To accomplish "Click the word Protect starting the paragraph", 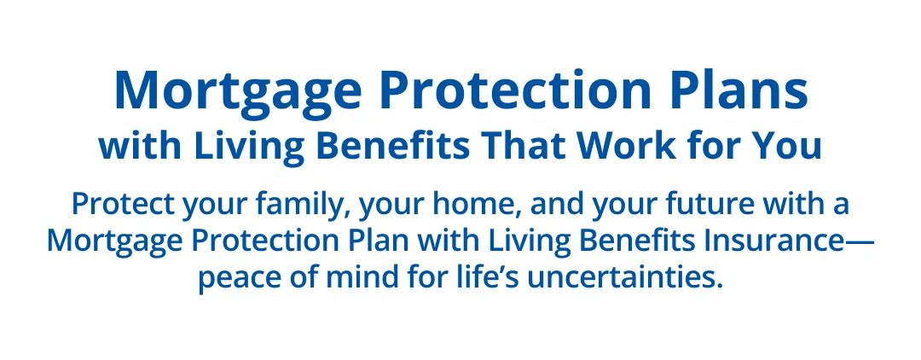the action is (x=124, y=205).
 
